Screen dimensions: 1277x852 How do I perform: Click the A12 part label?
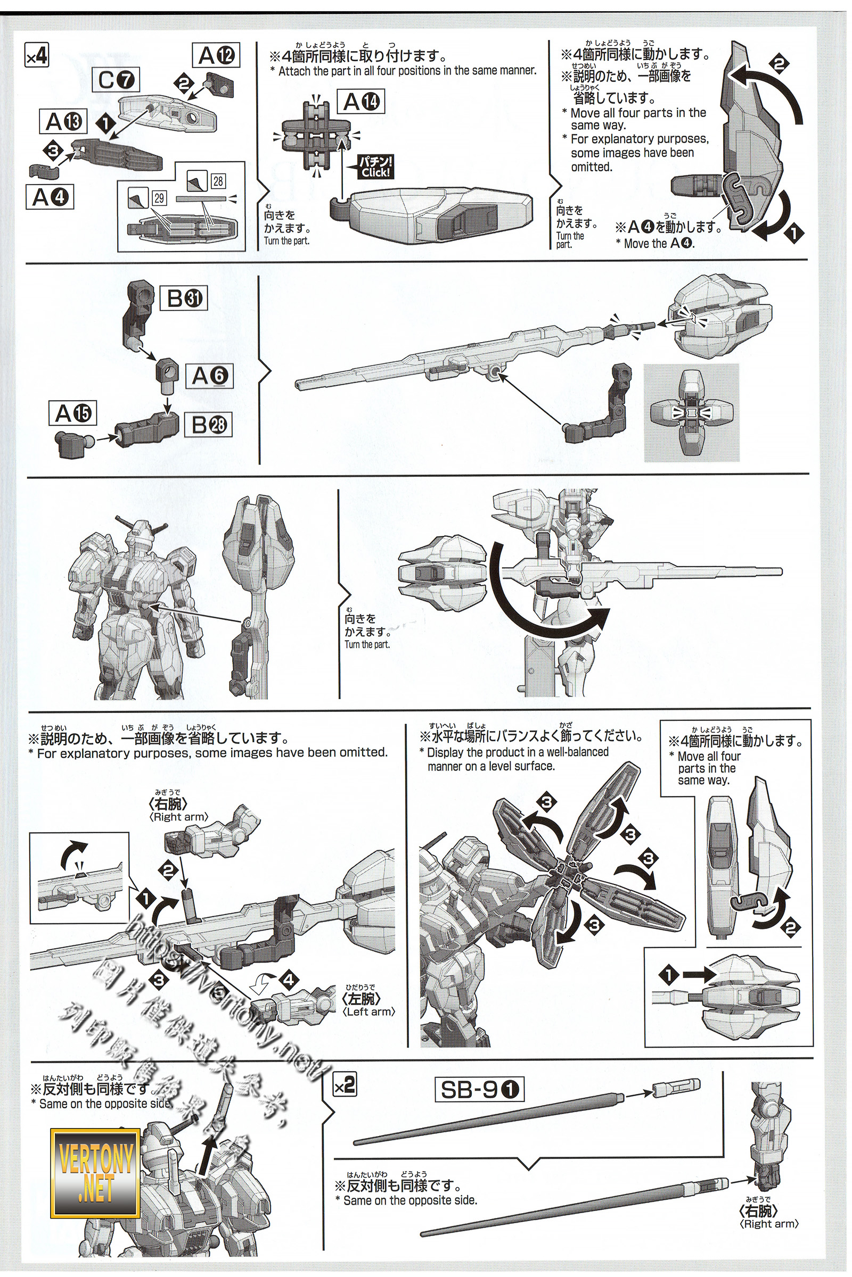tap(216, 55)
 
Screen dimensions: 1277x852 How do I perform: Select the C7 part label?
tap(118, 81)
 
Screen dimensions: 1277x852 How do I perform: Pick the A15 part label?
tap(73, 414)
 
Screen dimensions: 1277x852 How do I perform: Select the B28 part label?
tap(208, 425)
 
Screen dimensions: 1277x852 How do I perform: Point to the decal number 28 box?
tap(218, 181)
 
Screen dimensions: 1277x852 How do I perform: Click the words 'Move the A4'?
tap(654, 244)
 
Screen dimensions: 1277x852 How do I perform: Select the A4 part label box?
tap(49, 197)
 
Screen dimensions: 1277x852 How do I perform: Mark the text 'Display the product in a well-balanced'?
tap(513, 752)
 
